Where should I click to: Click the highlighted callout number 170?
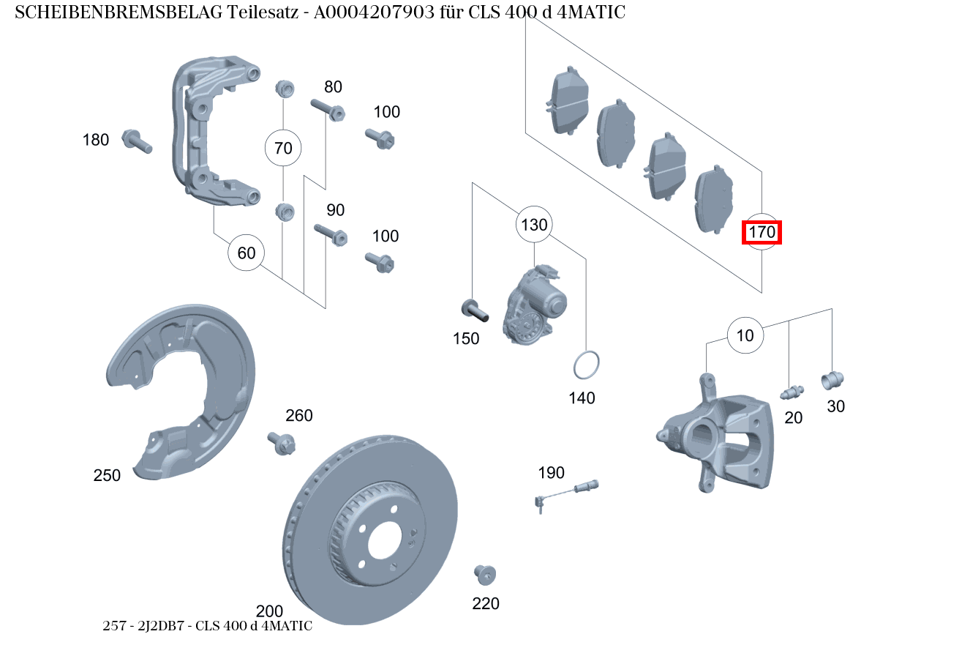click(x=762, y=233)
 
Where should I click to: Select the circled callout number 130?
click(x=534, y=225)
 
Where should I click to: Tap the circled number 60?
click(x=247, y=253)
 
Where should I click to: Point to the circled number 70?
click(x=283, y=149)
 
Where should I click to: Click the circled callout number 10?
click(x=745, y=336)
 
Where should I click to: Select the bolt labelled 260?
click(x=284, y=443)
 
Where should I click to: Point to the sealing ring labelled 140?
click(x=586, y=365)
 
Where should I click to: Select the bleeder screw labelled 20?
click(x=792, y=392)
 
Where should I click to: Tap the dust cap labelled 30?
click(x=832, y=380)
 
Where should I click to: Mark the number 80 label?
click(x=333, y=87)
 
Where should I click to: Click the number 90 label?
click(x=335, y=211)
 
